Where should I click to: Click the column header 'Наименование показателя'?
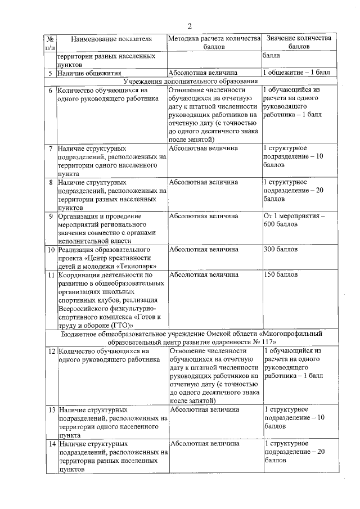pos(111,38)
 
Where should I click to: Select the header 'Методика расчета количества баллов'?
pos(214,43)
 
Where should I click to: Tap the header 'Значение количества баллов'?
pos(299,43)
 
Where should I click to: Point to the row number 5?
pos(51,73)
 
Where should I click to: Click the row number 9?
pos(51,216)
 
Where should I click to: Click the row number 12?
pos(51,351)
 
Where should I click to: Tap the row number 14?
pos(51,444)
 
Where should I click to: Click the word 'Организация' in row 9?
pos(79,216)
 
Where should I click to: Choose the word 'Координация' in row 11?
pos(80,275)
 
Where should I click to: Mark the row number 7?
pos(51,148)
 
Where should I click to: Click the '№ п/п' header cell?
pos(51,43)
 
